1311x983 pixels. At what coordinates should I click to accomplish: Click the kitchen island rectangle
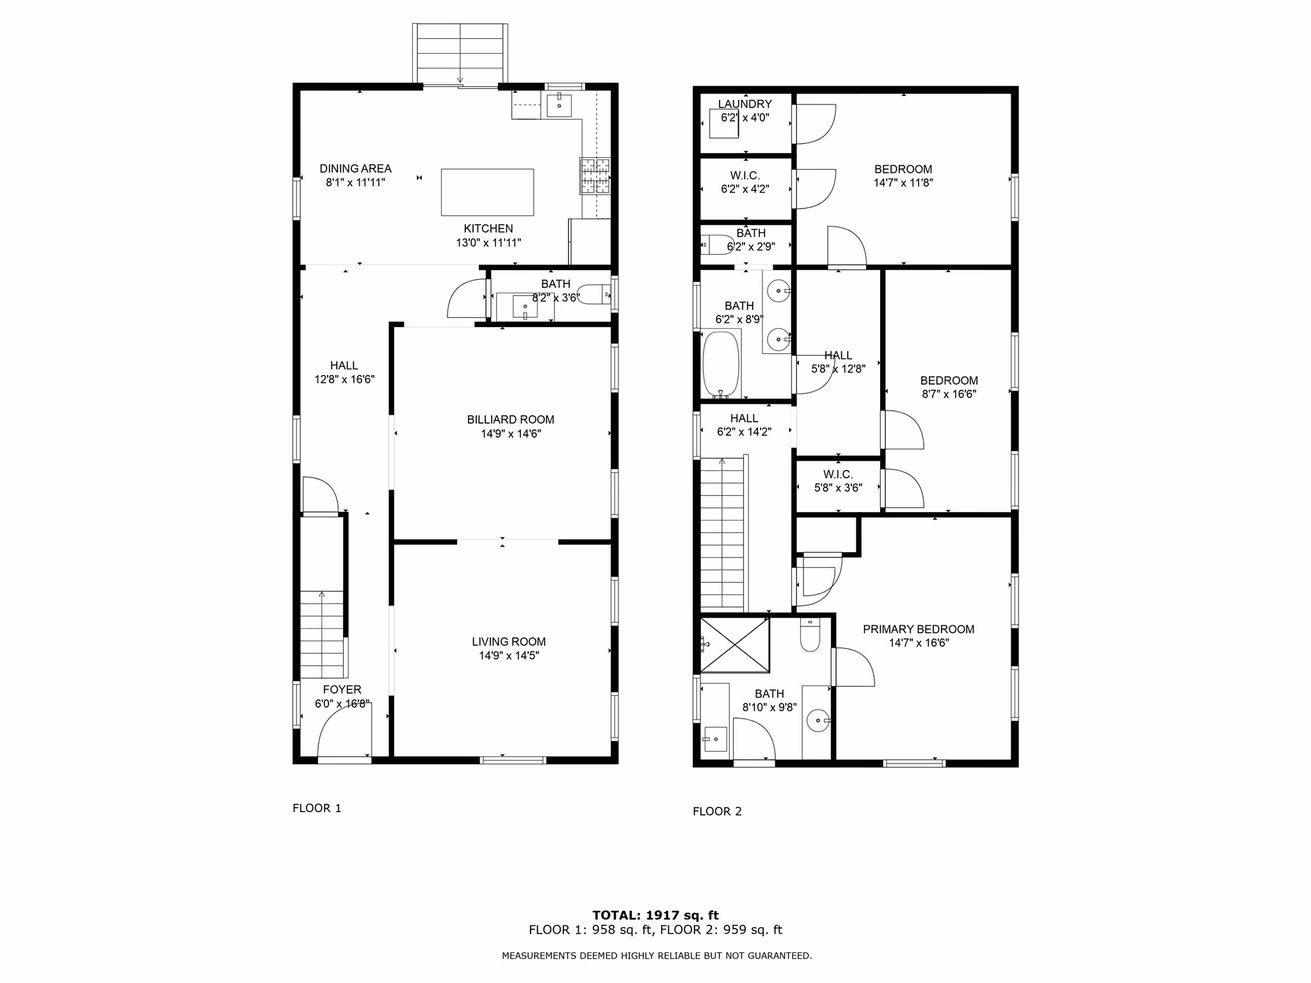(487, 192)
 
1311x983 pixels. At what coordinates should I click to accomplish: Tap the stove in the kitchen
(595, 176)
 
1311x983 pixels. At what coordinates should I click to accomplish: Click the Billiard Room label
(510, 420)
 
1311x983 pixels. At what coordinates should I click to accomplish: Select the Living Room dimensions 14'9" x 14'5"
(509, 655)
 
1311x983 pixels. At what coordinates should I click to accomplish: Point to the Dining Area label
(355, 169)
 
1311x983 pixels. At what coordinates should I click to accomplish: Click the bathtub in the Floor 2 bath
(721, 364)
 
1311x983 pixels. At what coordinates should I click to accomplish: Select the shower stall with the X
(735, 645)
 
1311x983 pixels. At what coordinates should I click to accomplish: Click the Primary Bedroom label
(919, 630)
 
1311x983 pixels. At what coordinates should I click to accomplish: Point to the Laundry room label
(744, 104)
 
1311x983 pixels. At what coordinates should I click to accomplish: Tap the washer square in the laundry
(724, 124)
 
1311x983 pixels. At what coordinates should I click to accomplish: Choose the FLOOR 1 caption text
(317, 808)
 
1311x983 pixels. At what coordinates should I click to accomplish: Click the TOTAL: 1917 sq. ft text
(655, 915)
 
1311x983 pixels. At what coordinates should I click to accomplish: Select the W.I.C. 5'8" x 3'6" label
(838, 481)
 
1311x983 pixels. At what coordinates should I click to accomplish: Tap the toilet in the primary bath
(810, 635)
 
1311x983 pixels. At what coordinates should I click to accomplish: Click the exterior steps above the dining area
(460, 54)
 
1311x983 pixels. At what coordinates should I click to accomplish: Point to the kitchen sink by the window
(559, 104)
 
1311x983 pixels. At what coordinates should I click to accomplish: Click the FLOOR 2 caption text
(717, 811)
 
